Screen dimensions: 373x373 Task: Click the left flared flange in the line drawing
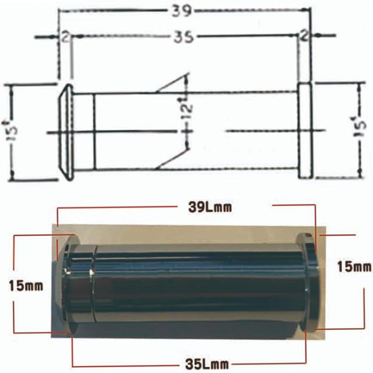tap(66, 132)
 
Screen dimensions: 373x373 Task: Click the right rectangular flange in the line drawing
tap(305, 131)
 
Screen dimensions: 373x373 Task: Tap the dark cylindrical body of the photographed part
tap(198, 283)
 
